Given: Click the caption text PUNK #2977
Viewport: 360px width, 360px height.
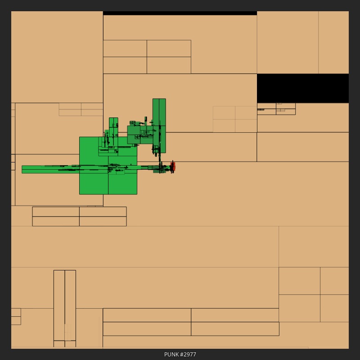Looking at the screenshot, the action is (180, 354).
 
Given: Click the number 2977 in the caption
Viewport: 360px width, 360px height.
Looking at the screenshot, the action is (189, 354).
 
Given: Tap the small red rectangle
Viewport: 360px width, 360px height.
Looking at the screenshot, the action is (173, 166).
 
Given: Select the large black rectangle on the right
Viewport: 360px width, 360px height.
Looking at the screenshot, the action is (303, 88).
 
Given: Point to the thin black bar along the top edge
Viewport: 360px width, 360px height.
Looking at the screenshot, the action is (180, 13).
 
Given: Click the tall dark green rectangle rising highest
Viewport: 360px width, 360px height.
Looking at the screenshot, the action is (159, 126).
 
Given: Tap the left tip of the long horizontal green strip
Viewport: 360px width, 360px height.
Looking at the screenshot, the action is (22, 170).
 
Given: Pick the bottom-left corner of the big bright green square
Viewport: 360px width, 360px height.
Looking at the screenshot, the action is (80, 194).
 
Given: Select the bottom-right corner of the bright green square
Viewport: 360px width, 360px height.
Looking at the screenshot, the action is (137, 194).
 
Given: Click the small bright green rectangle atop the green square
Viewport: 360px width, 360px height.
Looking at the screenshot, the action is (113, 127).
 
